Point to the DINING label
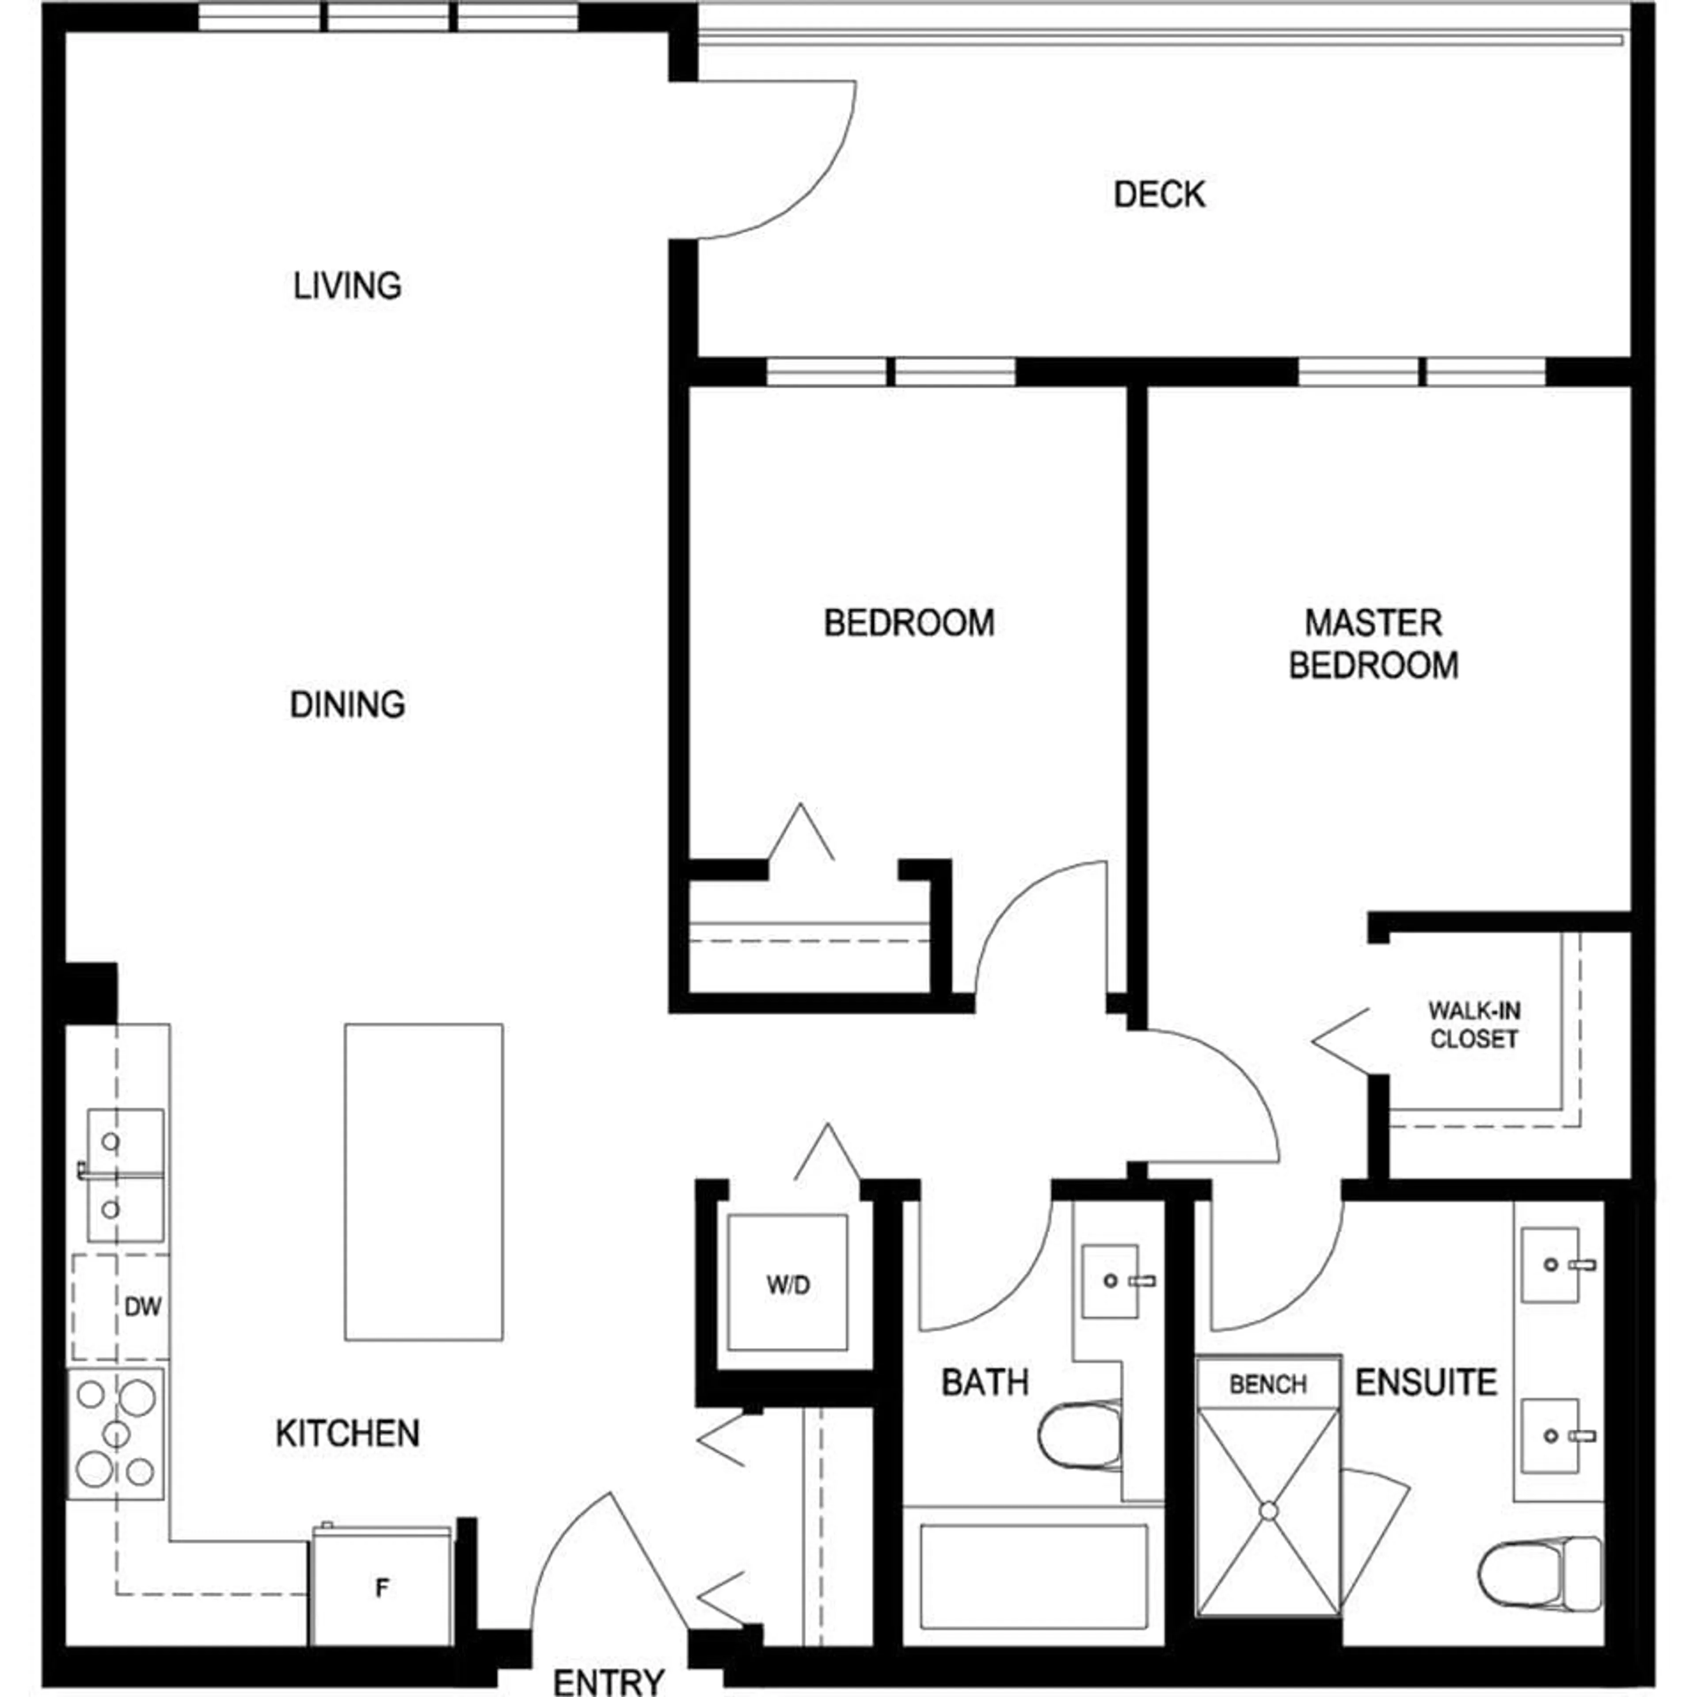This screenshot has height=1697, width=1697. click(x=348, y=704)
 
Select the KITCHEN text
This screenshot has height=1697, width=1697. click(x=348, y=1434)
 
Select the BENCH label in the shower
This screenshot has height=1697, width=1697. click(x=1267, y=1385)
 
